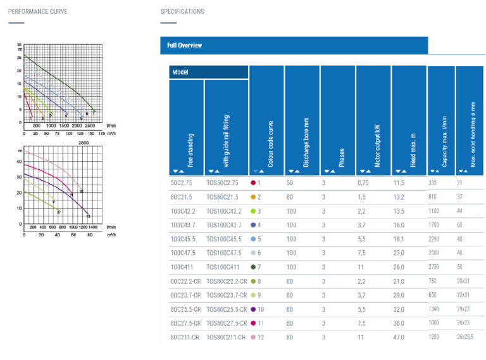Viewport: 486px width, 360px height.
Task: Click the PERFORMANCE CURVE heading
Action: pyautogui.click(x=37, y=11)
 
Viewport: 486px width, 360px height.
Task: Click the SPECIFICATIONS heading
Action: pyautogui.click(x=182, y=11)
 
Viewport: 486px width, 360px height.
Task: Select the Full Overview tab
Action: pyautogui.click(x=184, y=46)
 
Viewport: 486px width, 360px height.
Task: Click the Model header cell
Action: pyautogui.click(x=208, y=72)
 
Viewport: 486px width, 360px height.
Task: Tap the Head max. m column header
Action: pyautogui.click(x=409, y=120)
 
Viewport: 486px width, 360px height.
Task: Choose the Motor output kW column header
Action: pyautogui.click(x=373, y=120)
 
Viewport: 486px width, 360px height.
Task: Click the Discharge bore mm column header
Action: pyautogui.click(x=302, y=120)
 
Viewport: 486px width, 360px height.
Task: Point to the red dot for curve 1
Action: pyautogui.click(x=253, y=183)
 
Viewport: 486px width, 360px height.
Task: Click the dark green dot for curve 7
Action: pyautogui.click(x=253, y=267)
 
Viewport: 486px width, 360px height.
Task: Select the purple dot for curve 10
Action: pyautogui.click(x=253, y=309)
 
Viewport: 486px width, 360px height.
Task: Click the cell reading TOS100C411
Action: pyautogui.click(x=223, y=267)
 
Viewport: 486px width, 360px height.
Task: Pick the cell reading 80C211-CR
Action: pyautogui.click(x=185, y=337)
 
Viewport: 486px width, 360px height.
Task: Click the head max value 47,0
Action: pyautogui.click(x=399, y=337)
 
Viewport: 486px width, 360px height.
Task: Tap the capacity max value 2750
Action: pyautogui.click(x=435, y=267)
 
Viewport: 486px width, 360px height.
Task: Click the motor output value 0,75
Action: pyautogui.click(x=363, y=183)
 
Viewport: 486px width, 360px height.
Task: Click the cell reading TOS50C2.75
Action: pyautogui.click(x=224, y=183)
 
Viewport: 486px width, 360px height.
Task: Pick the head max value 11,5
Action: pyautogui.click(x=399, y=183)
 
